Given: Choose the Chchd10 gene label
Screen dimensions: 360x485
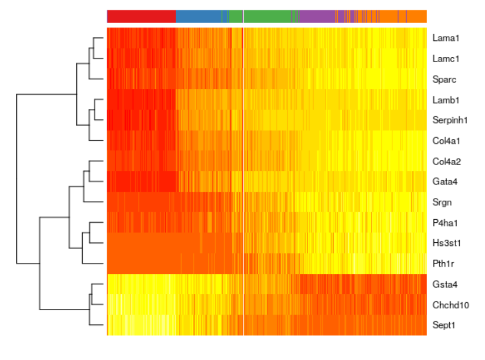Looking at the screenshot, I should pos(447,305).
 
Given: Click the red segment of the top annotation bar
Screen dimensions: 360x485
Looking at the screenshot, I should pos(142,16).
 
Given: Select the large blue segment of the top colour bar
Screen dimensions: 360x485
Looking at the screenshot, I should pos(199,16).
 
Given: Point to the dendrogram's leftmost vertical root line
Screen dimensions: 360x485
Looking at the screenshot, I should pos(17,178).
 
